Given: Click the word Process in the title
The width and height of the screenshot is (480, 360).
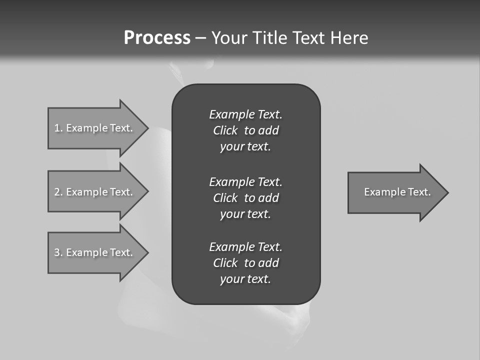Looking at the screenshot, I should [x=157, y=38].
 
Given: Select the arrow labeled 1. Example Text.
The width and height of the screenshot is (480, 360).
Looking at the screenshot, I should [x=95, y=128].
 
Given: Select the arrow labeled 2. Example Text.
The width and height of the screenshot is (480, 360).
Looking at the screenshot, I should [x=95, y=192].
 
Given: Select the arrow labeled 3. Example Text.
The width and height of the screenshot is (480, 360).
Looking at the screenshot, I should [x=95, y=252].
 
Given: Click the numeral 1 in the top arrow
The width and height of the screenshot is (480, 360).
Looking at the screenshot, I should [x=57, y=128].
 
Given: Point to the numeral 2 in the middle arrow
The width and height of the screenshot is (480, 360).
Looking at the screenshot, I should [x=57, y=192].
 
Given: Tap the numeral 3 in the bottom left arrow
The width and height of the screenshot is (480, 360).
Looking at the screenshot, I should [x=57, y=252].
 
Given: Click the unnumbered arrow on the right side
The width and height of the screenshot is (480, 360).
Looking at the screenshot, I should [x=395, y=192].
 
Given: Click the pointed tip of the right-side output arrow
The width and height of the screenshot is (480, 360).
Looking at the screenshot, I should [x=446, y=192].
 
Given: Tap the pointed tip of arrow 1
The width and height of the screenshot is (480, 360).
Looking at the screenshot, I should [x=146, y=128].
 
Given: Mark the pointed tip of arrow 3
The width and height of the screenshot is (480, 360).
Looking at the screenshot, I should [x=146, y=252].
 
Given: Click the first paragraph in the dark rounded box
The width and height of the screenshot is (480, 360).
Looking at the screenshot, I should [x=245, y=130].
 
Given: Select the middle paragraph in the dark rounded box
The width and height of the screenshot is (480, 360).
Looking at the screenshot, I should [x=245, y=198].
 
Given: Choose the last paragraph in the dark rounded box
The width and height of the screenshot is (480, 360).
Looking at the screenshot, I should [x=245, y=263].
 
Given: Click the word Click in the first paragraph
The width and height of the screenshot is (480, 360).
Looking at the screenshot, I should [x=225, y=130].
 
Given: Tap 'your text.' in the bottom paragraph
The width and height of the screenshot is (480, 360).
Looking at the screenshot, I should [x=245, y=279].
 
